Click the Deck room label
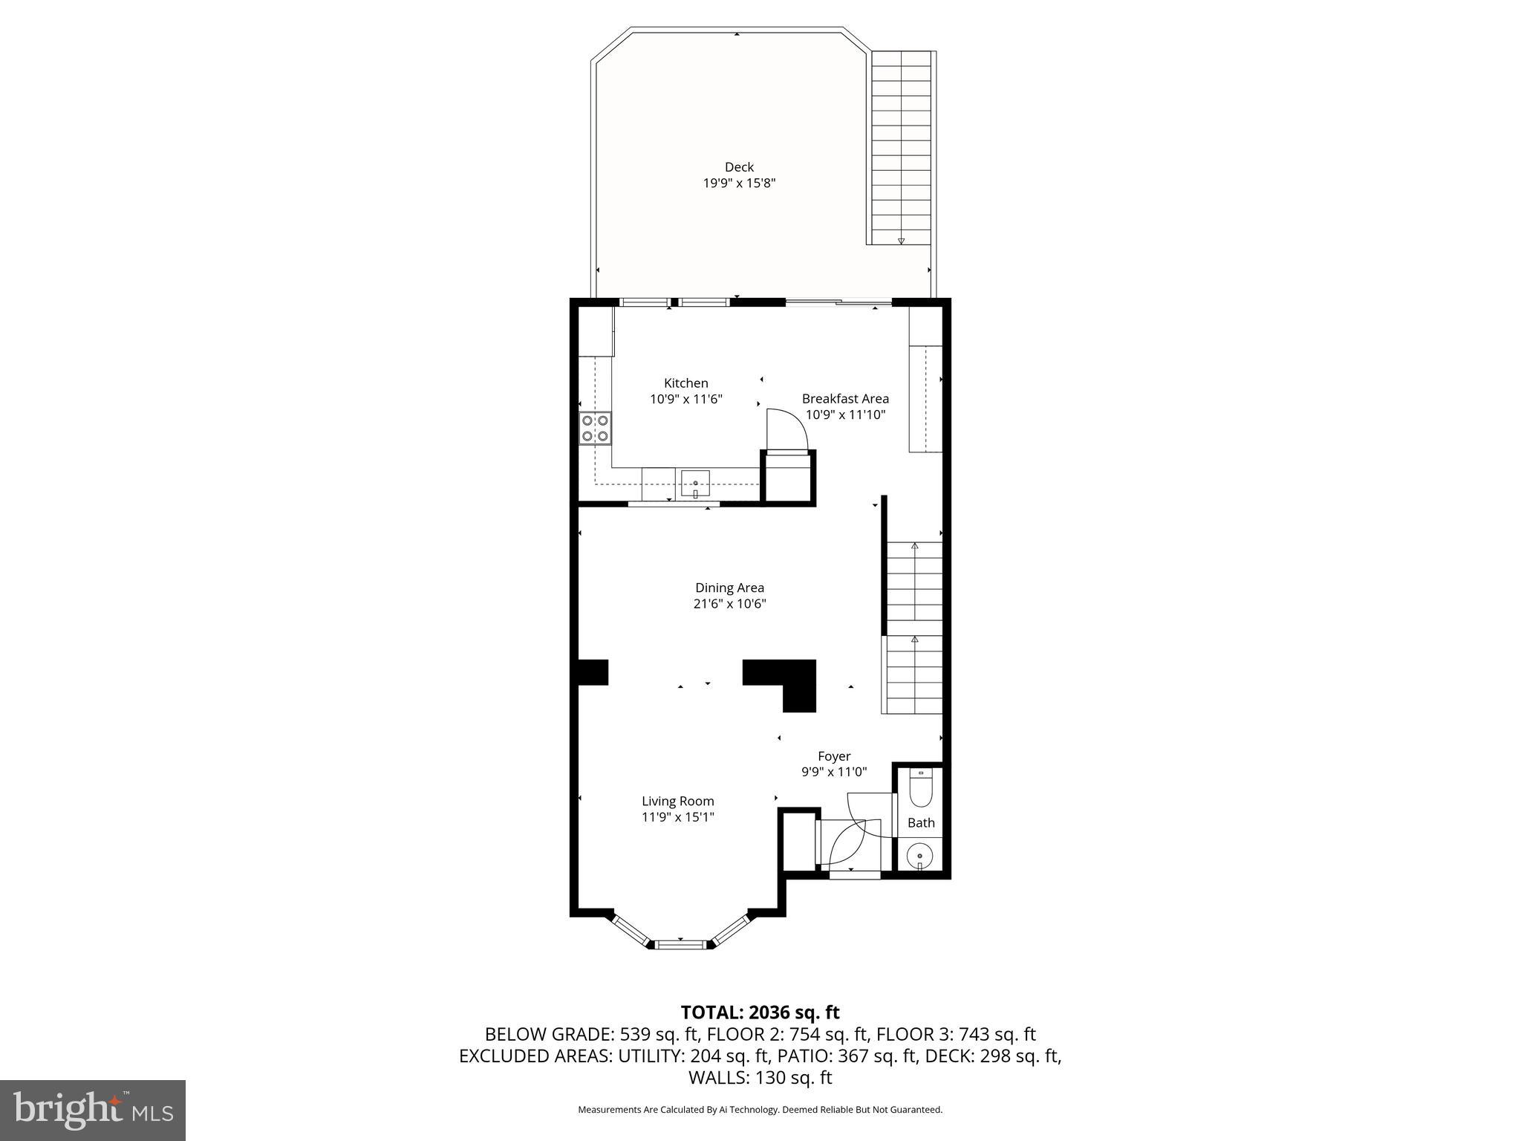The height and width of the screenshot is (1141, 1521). tap(739, 167)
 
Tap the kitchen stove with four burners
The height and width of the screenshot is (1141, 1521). tap(595, 429)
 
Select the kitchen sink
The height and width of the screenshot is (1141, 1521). tap(695, 484)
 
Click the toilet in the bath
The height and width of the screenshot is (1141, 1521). tap(921, 790)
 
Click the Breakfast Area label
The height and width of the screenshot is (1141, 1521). tap(845, 399)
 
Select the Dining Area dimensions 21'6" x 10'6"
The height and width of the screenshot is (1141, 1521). tap(729, 604)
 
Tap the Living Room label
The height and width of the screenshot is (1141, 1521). tap(677, 801)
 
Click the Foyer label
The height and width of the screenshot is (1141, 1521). tap(834, 756)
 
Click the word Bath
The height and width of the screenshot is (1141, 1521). tap(921, 822)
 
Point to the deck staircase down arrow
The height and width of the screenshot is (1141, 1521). tap(901, 240)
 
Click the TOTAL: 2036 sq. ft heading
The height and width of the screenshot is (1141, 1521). tap(760, 1012)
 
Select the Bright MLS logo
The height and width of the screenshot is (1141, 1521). tap(93, 1111)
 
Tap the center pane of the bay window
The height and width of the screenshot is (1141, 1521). tap(680, 944)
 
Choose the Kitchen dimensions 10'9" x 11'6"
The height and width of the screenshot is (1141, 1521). tap(685, 399)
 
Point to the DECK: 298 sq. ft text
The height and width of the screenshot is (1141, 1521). tap(991, 1056)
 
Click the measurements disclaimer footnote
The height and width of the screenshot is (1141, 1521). tap(760, 1110)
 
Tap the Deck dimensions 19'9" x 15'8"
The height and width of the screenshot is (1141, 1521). tap(739, 183)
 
